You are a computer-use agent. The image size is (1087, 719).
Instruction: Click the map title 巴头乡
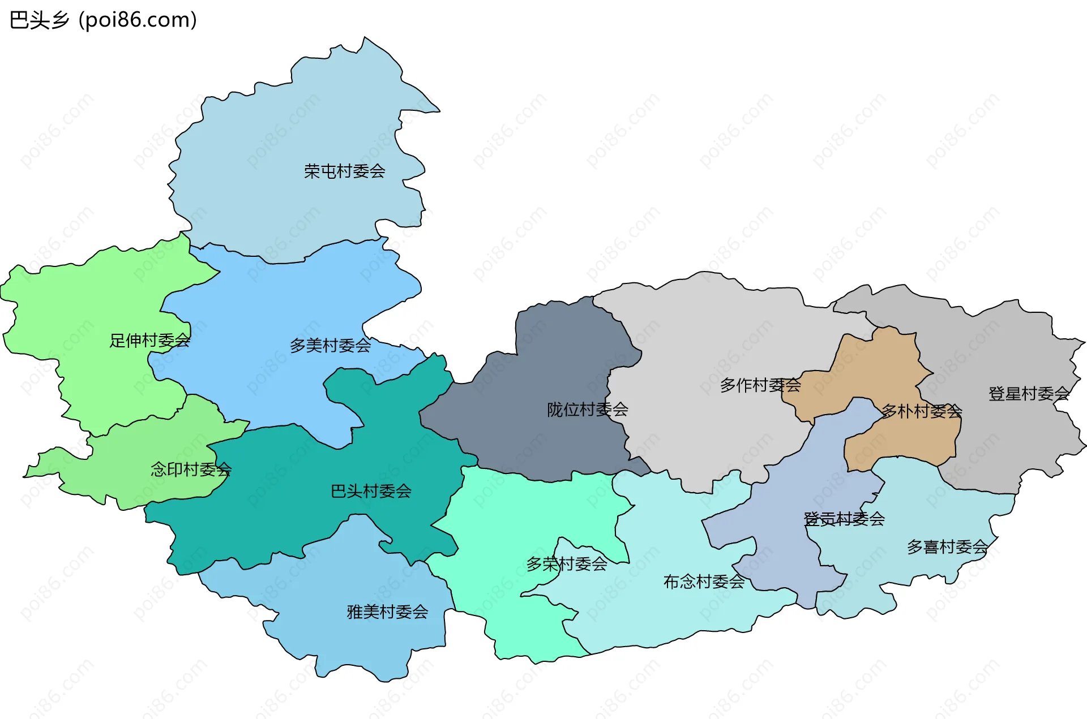tap(40, 20)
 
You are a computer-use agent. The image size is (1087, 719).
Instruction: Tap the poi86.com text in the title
tap(138, 20)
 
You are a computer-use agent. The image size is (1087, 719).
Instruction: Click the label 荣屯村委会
tap(344, 171)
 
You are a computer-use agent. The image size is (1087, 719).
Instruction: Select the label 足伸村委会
tap(149, 340)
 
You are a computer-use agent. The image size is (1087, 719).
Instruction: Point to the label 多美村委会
tap(330, 345)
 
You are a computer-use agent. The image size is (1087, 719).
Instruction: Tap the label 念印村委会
tap(191, 469)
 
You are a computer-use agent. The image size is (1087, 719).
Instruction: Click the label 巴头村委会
tap(371, 490)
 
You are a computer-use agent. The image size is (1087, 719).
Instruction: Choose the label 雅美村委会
tap(387, 612)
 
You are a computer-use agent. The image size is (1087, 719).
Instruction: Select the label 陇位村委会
tap(587, 409)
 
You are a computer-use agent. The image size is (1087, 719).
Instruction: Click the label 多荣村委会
tap(566, 563)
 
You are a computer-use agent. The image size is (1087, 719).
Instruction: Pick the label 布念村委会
tap(704, 581)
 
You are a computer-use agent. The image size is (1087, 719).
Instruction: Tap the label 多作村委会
tap(760, 385)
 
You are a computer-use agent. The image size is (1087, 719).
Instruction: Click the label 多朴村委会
tap(921, 411)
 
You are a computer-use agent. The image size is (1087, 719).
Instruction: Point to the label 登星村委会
tap(1029, 393)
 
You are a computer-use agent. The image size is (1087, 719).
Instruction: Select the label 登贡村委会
tap(844, 518)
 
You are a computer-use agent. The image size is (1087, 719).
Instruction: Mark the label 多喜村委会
tap(947, 546)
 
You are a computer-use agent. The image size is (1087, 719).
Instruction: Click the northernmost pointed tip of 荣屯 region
tap(365, 38)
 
